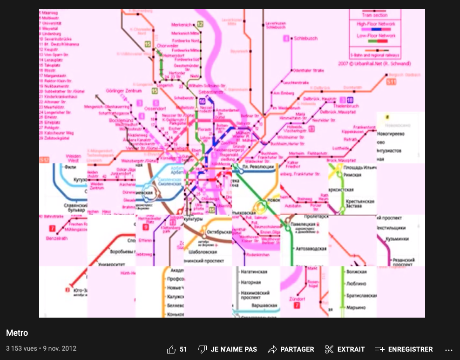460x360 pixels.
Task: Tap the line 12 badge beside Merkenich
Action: [200, 24]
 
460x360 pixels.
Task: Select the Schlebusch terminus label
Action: [305, 39]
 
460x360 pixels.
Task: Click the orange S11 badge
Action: [392, 82]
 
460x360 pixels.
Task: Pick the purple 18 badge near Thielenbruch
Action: [350, 100]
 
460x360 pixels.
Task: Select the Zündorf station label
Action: [297, 299]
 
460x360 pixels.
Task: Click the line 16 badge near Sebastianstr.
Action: [202, 101]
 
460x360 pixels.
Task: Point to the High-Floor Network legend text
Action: [376, 24]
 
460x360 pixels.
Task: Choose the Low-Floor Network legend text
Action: [376, 36]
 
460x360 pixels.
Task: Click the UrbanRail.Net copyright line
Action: [375, 63]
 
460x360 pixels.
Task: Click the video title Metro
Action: [17, 333]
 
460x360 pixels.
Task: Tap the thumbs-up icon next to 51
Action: [171, 349]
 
